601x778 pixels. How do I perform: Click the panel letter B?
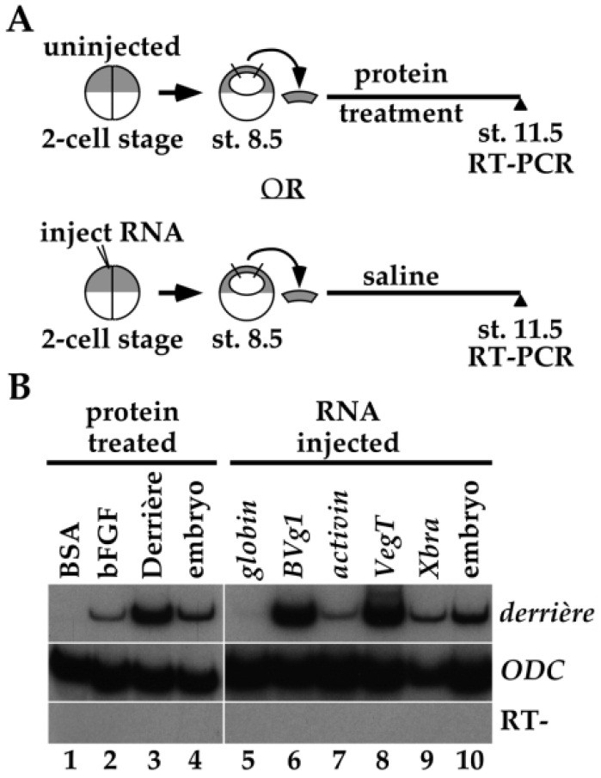tap(21, 388)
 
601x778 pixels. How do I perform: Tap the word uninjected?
tap(112, 47)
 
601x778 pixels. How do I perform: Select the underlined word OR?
tap(283, 188)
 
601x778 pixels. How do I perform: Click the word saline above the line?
tap(401, 276)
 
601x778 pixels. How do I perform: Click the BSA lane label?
tap(70, 550)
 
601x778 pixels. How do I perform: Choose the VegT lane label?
tap(385, 548)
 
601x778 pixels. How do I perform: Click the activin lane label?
tap(340, 535)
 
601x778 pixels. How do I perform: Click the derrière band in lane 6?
tap(294, 615)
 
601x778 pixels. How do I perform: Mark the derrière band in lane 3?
tap(155, 616)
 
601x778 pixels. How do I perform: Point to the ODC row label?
tap(531, 671)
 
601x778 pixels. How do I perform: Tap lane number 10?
tap(468, 760)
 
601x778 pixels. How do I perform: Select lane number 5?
tap(248, 760)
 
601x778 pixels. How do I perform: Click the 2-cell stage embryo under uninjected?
tap(112, 92)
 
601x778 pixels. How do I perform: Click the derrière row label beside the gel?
tap(547, 613)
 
